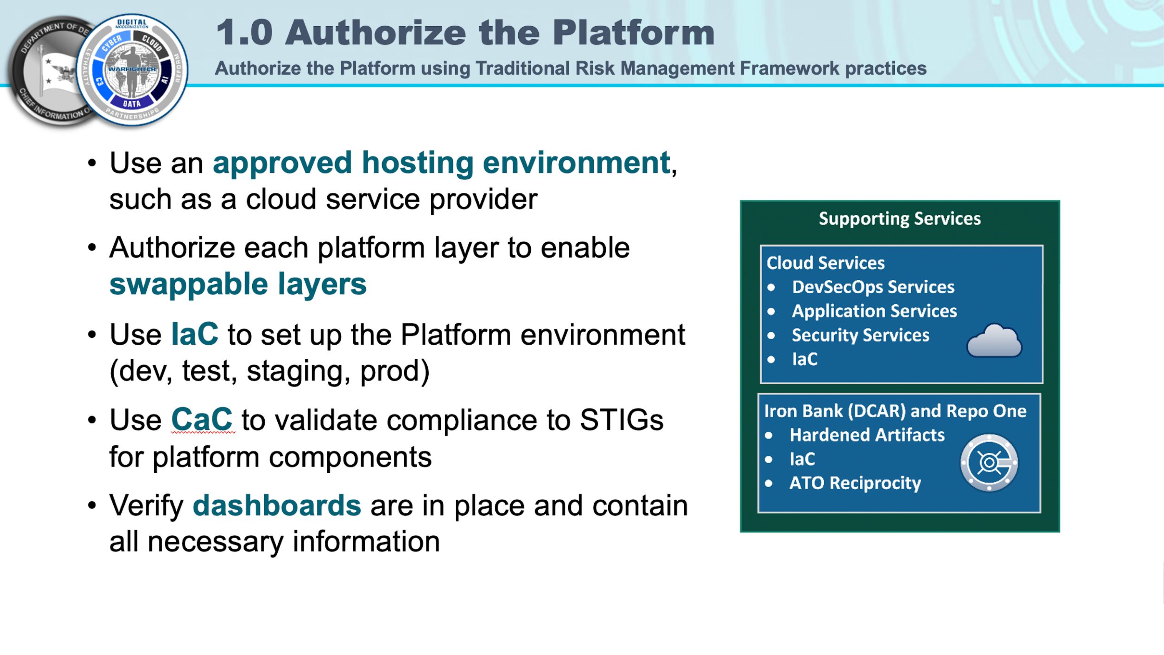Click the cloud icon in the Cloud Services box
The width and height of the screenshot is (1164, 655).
pos(994,341)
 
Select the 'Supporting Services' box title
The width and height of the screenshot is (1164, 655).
pos(899,219)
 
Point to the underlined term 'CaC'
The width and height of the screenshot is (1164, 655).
pos(202,420)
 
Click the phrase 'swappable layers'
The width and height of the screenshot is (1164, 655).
pos(238,284)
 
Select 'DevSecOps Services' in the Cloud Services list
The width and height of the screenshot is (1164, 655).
pos(873,287)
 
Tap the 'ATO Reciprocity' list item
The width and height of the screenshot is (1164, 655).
pos(855,483)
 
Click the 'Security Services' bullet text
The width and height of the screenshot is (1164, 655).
pos(860,335)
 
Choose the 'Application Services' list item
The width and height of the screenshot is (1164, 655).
pos(874,311)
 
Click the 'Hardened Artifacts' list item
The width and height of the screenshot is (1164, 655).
pos(867,435)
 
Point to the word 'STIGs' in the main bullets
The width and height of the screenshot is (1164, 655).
pos(621,420)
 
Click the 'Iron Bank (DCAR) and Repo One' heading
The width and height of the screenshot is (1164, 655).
pos(895,411)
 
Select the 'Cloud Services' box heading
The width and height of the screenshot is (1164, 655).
pos(825,263)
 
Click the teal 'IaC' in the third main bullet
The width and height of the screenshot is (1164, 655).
pos(195,334)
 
